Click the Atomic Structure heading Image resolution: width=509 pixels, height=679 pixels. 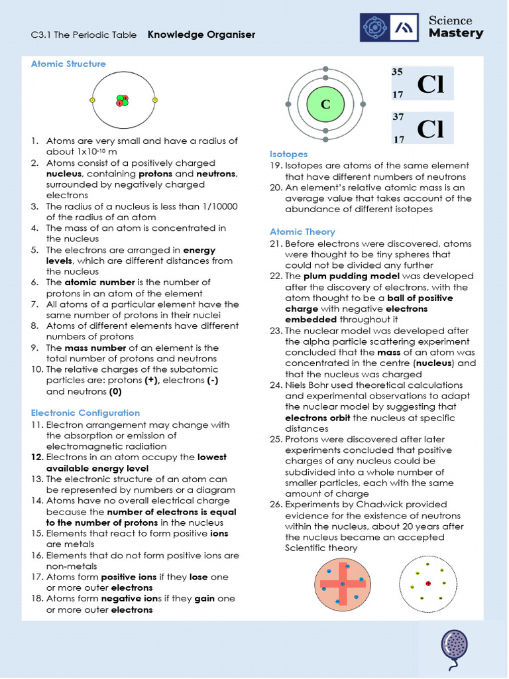[x=68, y=64]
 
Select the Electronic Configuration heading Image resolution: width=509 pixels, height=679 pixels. [x=85, y=412]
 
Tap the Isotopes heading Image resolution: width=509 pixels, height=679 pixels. [x=288, y=154]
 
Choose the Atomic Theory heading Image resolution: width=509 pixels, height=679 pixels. [x=302, y=231]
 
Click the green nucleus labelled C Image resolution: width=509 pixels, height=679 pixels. [x=325, y=104]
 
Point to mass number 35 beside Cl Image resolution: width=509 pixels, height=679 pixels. [x=398, y=72]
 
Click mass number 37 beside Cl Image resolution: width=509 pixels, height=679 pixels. [x=398, y=117]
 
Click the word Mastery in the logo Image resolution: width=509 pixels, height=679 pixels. [x=456, y=33]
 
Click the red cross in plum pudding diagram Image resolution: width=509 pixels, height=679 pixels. [x=343, y=584]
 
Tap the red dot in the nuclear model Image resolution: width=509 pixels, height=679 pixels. [x=428, y=584]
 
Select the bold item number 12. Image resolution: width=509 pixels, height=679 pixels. [x=36, y=457]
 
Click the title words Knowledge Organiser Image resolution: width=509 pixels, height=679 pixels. [x=201, y=34]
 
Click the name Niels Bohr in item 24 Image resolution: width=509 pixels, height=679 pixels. [x=309, y=385]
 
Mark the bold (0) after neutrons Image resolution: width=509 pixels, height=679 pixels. [x=115, y=391]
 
